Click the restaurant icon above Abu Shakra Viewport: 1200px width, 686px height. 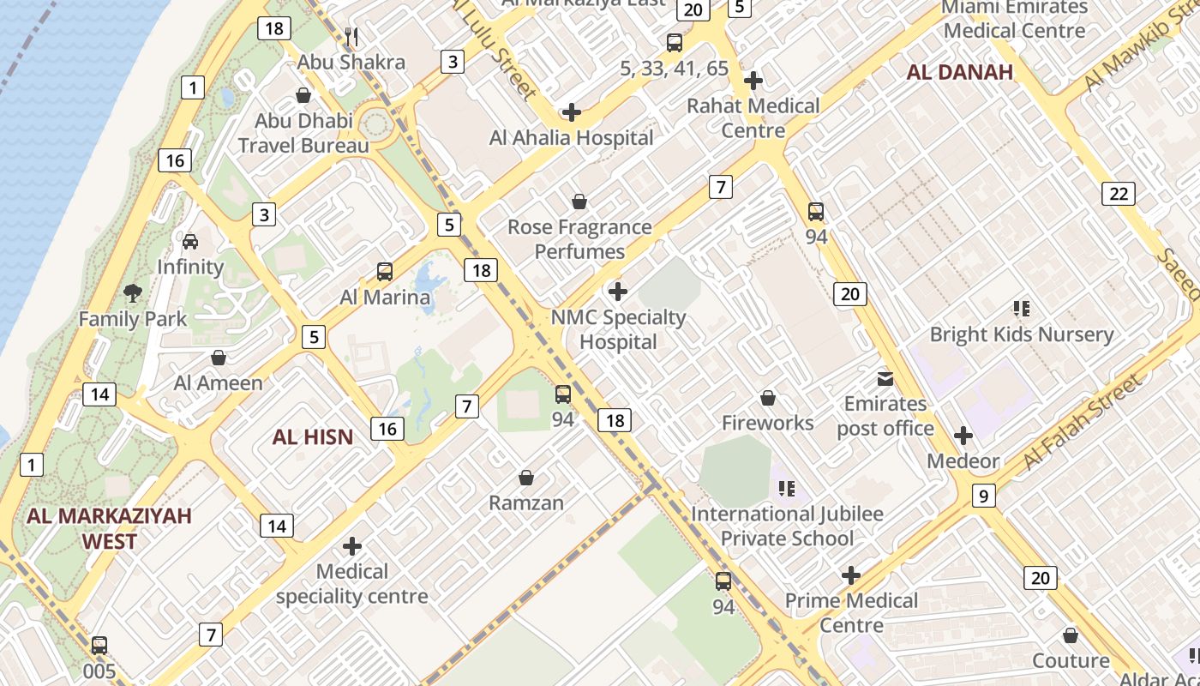351,37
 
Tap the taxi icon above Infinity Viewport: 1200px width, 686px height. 190,242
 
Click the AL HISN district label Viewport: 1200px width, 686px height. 313,437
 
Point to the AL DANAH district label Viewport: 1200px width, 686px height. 960,72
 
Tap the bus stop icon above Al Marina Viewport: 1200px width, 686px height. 385,272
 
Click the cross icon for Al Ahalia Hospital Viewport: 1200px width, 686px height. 571,112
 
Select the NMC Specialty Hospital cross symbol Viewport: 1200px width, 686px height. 617,292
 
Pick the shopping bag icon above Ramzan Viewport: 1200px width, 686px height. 526,478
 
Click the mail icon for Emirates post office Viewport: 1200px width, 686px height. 885,378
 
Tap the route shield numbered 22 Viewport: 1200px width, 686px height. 1119,194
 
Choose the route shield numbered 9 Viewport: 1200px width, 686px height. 983,496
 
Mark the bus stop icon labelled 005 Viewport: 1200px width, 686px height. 99,646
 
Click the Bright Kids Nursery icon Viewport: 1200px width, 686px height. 1021,309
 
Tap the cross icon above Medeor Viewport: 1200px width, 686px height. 963,436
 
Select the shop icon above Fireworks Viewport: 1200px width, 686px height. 768,398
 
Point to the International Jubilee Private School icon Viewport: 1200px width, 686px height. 787,489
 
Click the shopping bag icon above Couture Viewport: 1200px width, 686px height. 1070,635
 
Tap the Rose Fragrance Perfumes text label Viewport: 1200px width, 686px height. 579,239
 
